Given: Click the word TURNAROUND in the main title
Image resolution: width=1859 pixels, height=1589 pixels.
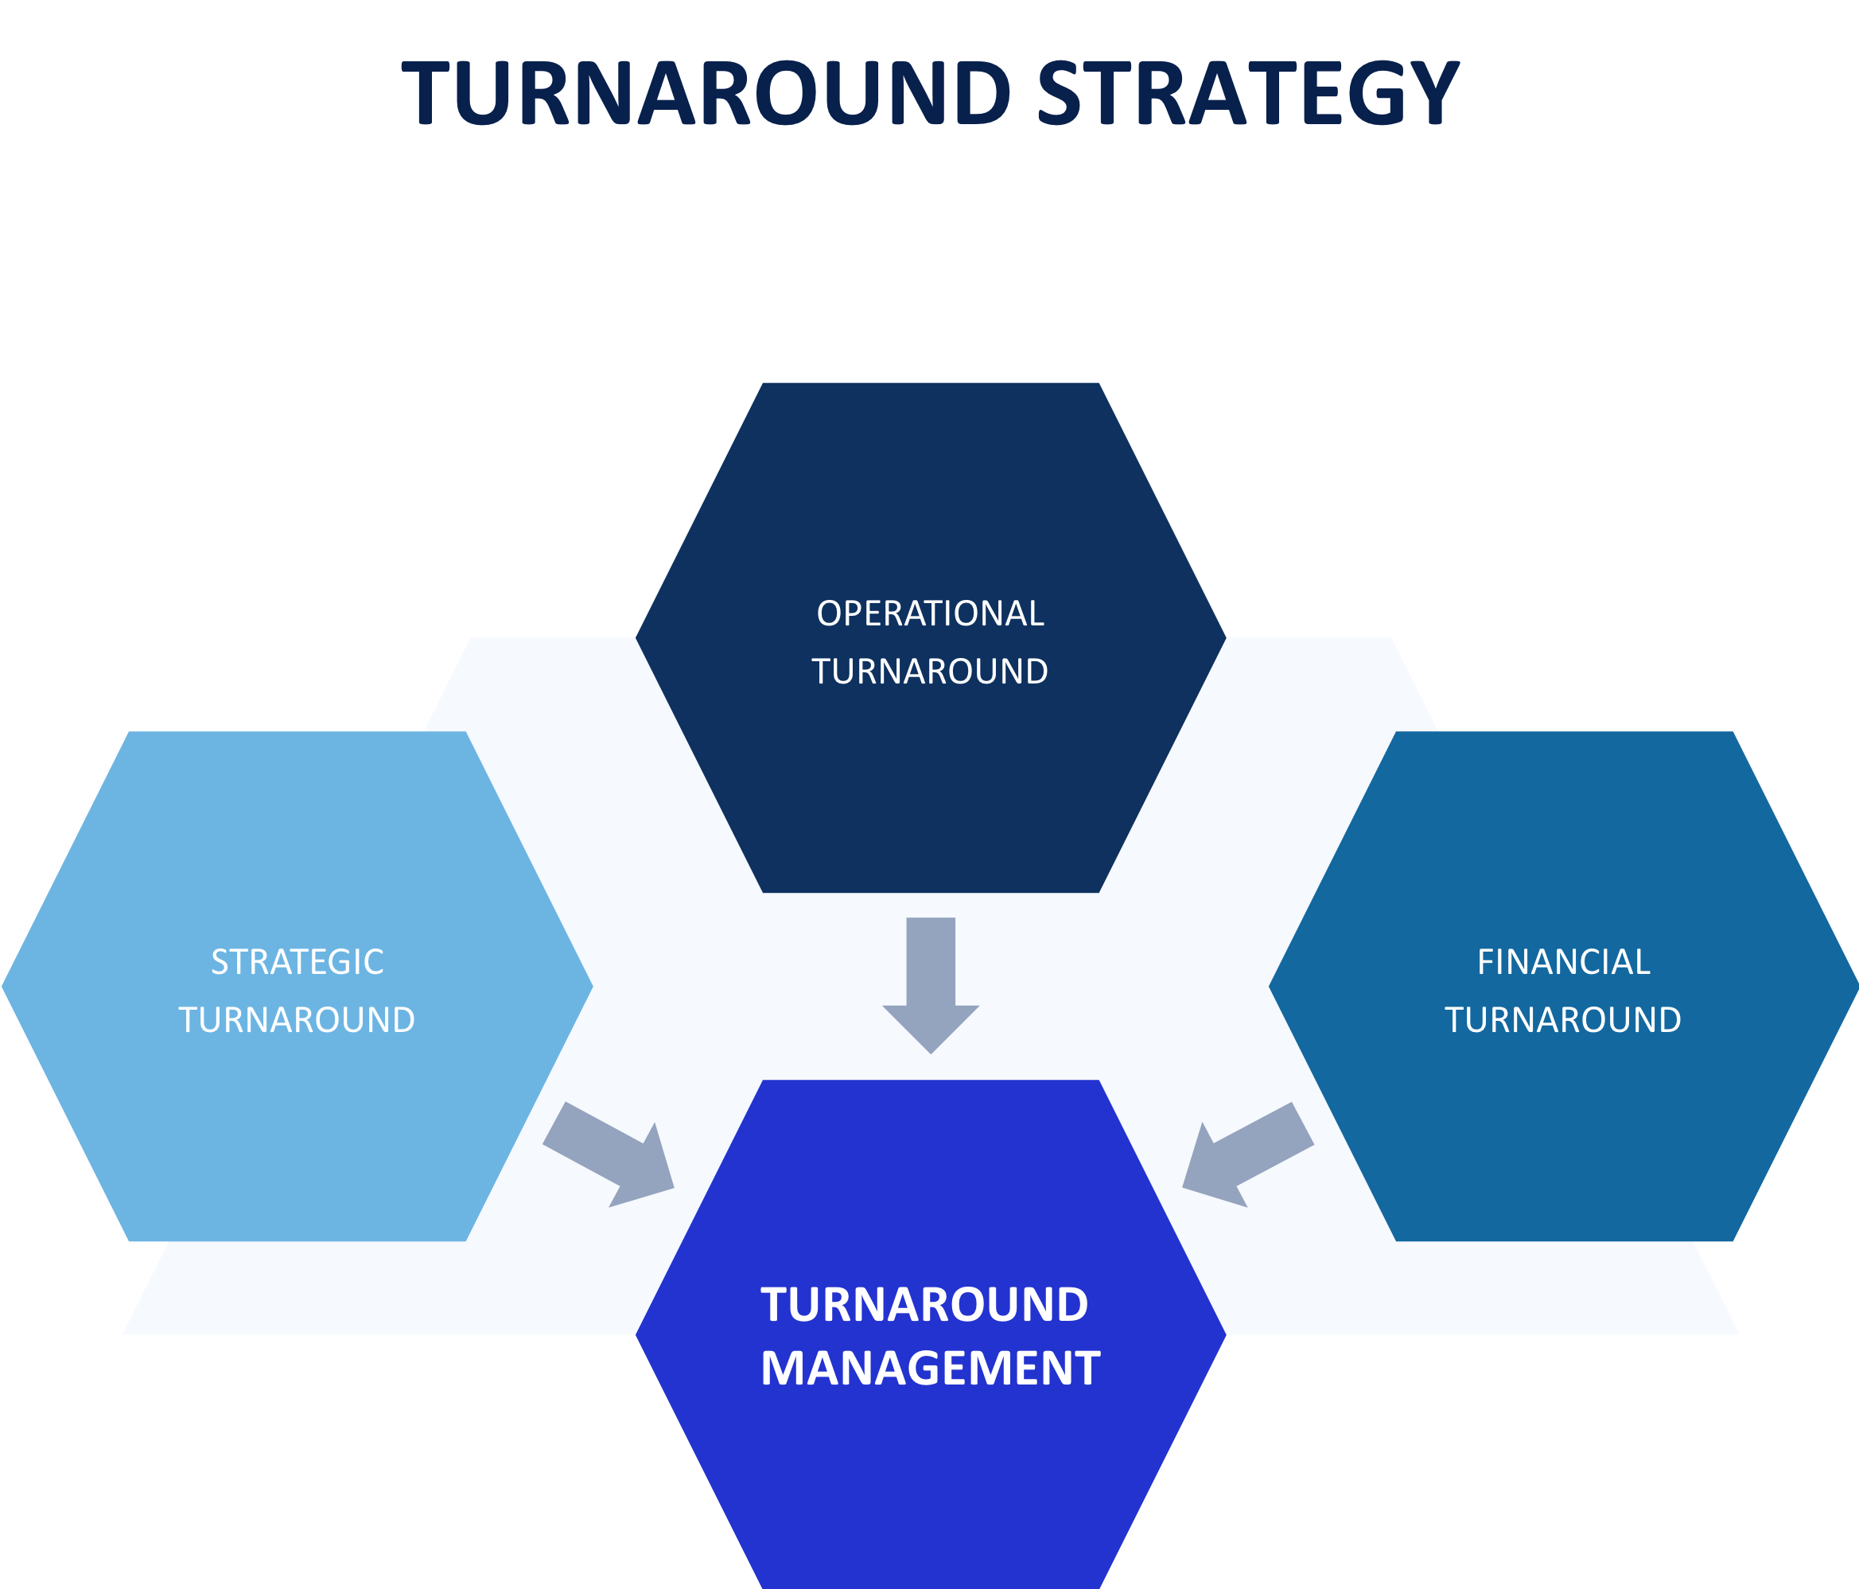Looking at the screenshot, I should coord(706,93).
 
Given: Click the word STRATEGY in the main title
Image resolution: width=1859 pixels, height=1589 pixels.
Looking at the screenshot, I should coord(1247,93).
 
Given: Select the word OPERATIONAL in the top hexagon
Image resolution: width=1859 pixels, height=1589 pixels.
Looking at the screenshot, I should coord(931,613).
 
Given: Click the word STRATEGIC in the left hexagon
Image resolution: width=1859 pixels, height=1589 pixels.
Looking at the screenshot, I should coord(297,963).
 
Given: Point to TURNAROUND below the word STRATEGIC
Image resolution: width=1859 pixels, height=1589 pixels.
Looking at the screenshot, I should coord(297,1020).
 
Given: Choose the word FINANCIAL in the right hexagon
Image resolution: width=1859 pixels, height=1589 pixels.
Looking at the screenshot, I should coord(1564,963).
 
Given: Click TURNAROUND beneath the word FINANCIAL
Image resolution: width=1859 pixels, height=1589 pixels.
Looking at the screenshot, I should coord(1563,1020).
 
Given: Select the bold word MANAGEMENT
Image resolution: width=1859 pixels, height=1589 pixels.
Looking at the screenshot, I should coord(931,1369).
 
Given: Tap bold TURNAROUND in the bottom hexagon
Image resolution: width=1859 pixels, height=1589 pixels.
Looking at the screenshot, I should coord(924,1306).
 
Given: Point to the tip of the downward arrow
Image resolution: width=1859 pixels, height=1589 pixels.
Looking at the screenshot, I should coord(931,1048).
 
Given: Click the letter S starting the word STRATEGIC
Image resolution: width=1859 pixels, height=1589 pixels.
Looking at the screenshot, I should coord(220,963).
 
